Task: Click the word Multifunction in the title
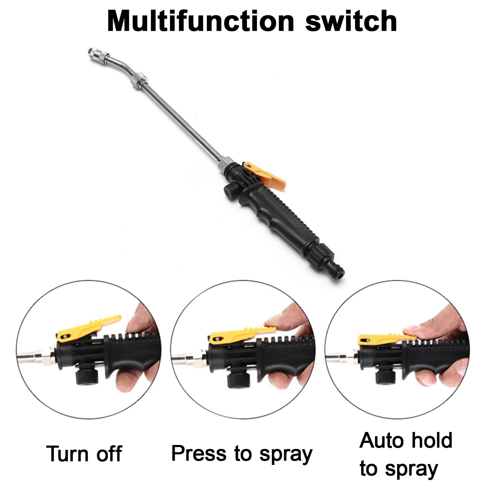point(201,21)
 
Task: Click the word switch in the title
point(351,21)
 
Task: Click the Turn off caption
point(84,454)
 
